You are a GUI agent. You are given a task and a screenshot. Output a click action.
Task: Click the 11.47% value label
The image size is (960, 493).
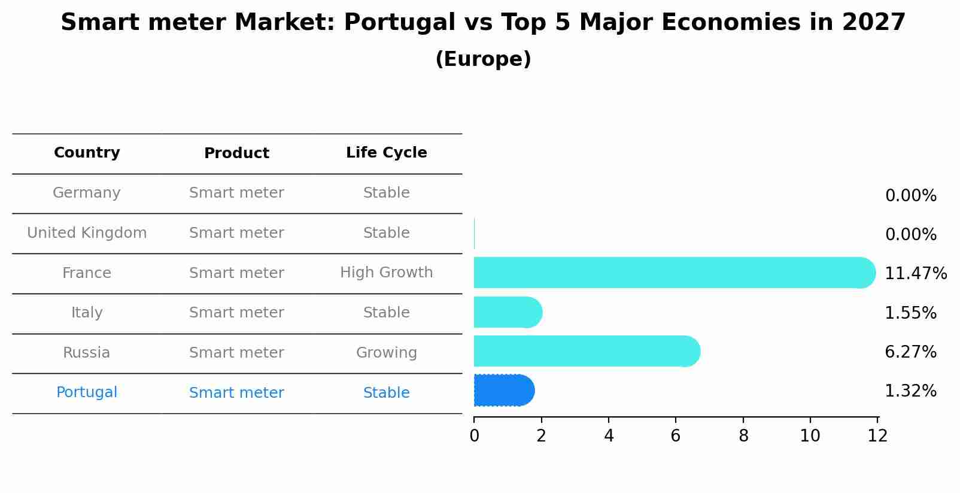coord(915,274)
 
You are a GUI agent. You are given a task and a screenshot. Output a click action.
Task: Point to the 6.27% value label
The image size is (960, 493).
coord(910,352)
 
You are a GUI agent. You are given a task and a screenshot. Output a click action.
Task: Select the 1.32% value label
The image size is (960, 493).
coord(910,391)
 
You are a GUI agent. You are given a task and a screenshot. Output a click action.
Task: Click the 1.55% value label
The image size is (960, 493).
coord(910,313)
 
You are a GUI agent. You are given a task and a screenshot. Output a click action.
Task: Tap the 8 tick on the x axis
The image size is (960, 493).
coord(743,436)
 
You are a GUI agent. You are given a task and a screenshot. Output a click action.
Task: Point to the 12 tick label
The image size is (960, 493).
coord(877,436)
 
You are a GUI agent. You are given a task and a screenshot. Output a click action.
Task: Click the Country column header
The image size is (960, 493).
coord(87,153)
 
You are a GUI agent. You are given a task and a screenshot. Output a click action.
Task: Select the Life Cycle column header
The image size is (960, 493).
coord(386,153)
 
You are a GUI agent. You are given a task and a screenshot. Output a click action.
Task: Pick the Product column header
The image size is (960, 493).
coord(236,153)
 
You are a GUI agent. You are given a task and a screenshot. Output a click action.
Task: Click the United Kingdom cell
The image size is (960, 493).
coord(87,233)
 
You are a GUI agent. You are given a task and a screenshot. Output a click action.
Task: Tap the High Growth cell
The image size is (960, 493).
coord(386,273)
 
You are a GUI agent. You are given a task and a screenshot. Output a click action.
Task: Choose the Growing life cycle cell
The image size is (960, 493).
coord(386,353)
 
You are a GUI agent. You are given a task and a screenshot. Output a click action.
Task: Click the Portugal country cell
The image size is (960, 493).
coord(87,392)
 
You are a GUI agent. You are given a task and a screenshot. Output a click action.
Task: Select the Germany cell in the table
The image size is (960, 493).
coord(87,193)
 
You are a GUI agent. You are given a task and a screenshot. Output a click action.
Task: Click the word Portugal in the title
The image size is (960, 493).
coord(399,23)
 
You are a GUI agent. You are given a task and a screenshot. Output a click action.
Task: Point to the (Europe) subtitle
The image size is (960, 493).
coord(483,59)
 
